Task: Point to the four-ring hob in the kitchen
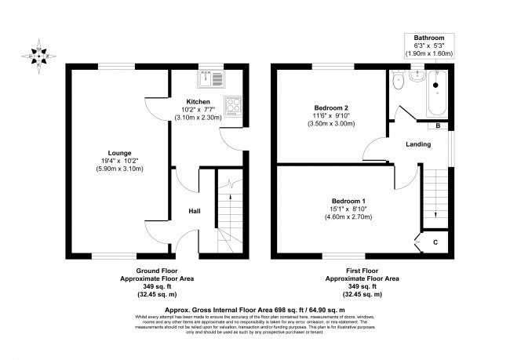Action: point(233,105)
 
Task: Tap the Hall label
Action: point(195,211)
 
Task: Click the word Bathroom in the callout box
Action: point(430,38)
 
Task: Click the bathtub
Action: point(435,93)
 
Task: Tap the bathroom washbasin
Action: point(416,78)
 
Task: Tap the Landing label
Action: point(417,144)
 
